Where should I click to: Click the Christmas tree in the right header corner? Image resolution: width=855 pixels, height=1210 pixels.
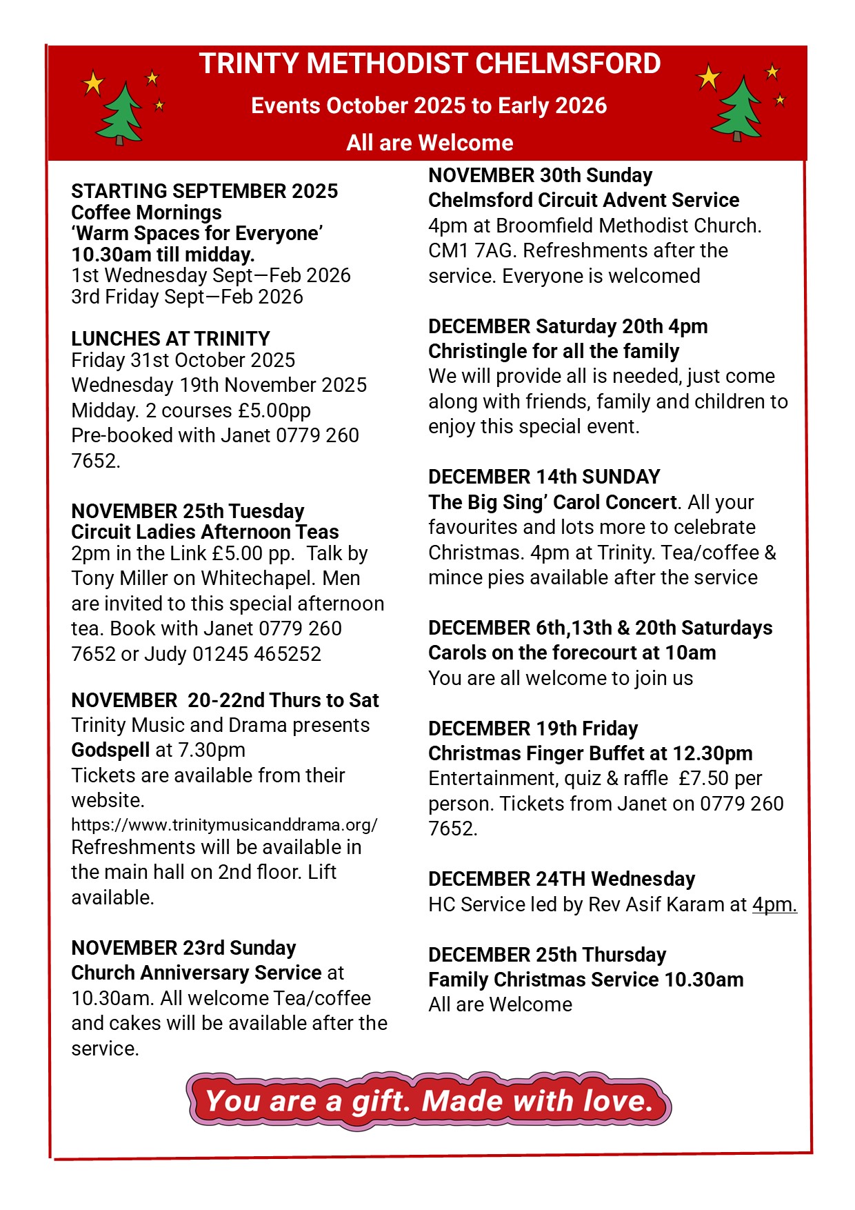click(737, 109)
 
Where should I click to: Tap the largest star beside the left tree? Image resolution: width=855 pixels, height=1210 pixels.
click(93, 83)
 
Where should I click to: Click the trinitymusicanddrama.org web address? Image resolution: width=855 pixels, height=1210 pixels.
click(224, 824)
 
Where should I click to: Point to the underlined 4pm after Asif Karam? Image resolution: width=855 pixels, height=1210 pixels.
click(774, 904)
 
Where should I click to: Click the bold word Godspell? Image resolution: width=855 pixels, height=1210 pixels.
click(110, 750)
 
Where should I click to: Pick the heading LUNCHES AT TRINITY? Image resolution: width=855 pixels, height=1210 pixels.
click(170, 339)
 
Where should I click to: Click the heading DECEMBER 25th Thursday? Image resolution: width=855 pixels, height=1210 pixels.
click(547, 955)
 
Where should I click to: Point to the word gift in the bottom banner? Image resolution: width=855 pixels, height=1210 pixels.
click(376, 1101)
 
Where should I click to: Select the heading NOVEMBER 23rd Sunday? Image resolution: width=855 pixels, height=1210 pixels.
click(183, 948)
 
